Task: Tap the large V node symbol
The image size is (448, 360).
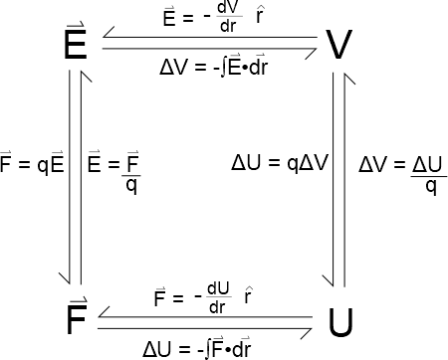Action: pos(338,45)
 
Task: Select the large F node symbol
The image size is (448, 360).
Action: pos(77,316)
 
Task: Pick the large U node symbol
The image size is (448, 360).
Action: pos(340,322)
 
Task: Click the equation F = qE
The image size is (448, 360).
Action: pos(32,162)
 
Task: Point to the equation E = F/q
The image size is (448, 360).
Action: pos(114,171)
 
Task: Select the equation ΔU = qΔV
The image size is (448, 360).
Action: pos(280,163)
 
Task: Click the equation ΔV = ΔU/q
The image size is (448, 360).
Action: pos(403,174)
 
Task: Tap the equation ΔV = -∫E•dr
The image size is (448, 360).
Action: pos(213,66)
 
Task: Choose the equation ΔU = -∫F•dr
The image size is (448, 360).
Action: pos(197,347)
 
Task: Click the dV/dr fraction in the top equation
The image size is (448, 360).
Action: pos(229,17)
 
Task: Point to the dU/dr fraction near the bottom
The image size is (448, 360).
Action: pos(218,297)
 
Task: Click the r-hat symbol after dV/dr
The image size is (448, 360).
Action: pos(260,15)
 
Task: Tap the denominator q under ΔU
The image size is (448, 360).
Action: pos(431,187)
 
